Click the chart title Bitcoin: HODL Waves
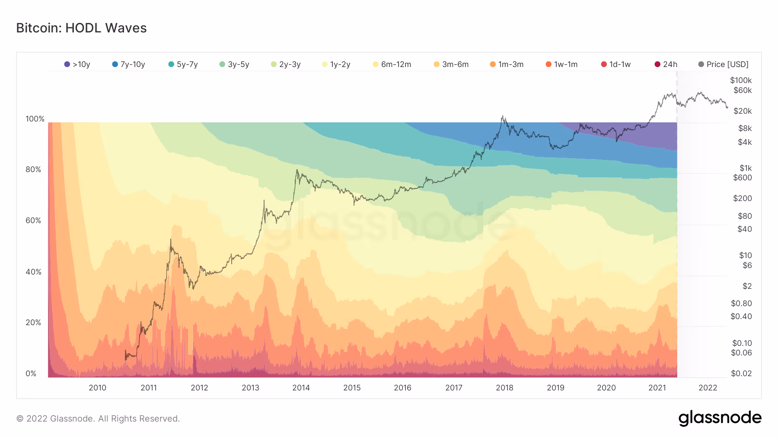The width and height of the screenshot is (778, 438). coord(81,28)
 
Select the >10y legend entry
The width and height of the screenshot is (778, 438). coord(77,64)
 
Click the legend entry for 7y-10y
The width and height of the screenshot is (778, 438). coord(128,64)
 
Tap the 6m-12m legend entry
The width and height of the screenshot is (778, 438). coord(392,64)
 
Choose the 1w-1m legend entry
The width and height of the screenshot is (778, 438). coord(561,64)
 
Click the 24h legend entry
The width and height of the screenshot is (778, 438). coord(666,64)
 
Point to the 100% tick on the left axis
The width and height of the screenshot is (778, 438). coord(35,119)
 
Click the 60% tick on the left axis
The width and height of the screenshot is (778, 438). coord(33,221)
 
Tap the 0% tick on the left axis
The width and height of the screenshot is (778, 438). coord(31,374)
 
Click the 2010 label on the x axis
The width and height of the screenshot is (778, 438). coord(97,388)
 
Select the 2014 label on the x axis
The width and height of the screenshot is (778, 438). coord(301,388)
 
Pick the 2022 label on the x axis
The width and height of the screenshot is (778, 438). coord(708,388)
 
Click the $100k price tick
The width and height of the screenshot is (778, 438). coord(741,80)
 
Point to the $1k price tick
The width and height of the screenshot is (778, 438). coord(746,168)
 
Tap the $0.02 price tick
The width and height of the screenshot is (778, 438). coord(741,374)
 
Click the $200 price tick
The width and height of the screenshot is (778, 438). coord(743,198)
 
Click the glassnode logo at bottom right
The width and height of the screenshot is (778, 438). coord(720,418)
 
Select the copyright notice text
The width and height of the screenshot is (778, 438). coord(98,419)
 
